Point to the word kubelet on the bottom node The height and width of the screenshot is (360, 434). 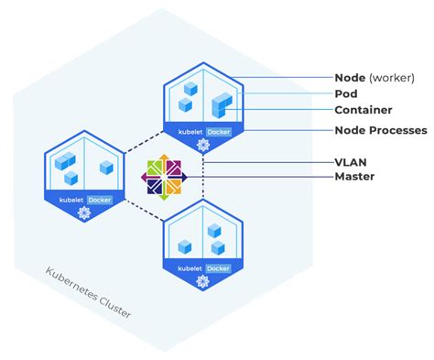pos(190,267)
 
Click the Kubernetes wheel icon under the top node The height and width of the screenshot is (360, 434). pos(203,145)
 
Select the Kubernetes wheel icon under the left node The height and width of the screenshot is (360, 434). pos(85,213)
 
